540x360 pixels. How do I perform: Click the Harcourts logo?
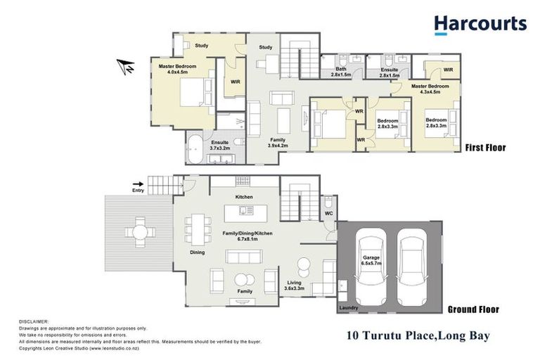(480, 24)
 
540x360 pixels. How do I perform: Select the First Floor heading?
(484, 148)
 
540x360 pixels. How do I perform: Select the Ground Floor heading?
(472, 309)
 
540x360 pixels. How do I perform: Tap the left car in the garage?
(369, 266)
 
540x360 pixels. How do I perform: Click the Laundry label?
(349, 308)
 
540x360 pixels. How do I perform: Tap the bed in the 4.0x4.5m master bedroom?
(193, 92)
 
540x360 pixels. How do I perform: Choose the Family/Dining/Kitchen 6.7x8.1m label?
(246, 235)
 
